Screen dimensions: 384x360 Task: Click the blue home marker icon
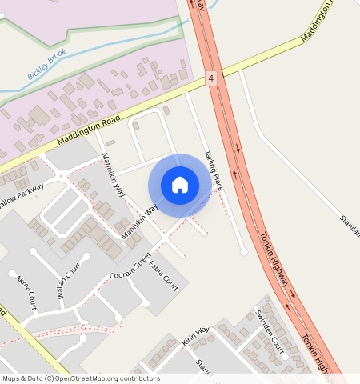tap(180, 185)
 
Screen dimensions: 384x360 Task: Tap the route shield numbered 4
tap(210, 78)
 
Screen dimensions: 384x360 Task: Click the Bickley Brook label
tap(47, 66)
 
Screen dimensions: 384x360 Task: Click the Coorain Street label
tap(130, 270)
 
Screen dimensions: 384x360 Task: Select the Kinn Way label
tap(195, 334)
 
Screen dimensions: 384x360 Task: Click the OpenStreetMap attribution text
tap(81, 378)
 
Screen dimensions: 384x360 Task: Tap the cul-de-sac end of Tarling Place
tap(244, 252)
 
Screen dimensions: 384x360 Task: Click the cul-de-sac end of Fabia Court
tap(146, 304)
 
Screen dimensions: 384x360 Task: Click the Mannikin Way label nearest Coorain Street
tap(137, 225)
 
